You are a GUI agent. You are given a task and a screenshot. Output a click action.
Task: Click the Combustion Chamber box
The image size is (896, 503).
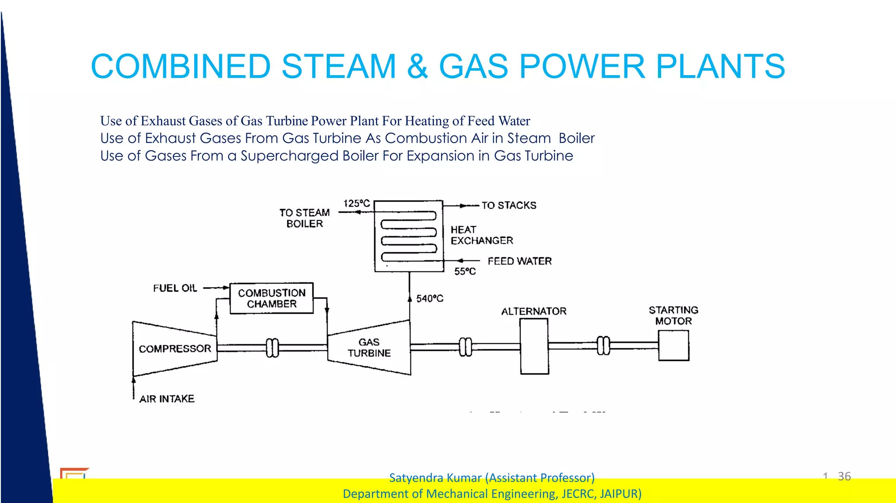272,298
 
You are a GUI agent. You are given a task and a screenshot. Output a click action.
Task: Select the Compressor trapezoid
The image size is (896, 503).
175,349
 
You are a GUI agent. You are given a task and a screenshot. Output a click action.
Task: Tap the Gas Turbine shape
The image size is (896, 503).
369,348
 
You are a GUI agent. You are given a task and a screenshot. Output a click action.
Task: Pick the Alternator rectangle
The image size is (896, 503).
534,346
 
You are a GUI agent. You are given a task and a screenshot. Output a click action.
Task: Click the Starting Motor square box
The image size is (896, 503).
673,345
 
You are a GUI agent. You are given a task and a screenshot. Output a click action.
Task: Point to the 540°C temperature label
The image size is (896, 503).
430,298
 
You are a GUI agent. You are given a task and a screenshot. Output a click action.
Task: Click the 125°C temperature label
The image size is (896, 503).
357,203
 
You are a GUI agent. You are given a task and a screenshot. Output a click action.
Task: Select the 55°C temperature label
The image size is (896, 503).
465,271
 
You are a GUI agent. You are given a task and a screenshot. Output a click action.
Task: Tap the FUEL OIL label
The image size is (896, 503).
175,288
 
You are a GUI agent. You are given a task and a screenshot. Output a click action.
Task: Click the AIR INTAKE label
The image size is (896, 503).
167,399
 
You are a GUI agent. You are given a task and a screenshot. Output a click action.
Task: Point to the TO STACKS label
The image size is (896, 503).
509,205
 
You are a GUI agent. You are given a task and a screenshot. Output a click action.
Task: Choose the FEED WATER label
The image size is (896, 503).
519,261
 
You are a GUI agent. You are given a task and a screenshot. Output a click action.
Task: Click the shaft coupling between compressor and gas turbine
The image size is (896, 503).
272,348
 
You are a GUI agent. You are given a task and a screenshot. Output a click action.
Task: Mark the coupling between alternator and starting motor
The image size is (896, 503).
603,346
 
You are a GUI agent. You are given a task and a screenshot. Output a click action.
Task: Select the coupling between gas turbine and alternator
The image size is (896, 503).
465,347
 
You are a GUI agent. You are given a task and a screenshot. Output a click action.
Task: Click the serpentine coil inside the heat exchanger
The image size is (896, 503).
409,236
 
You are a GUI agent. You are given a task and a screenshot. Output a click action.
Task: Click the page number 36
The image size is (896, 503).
844,476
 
